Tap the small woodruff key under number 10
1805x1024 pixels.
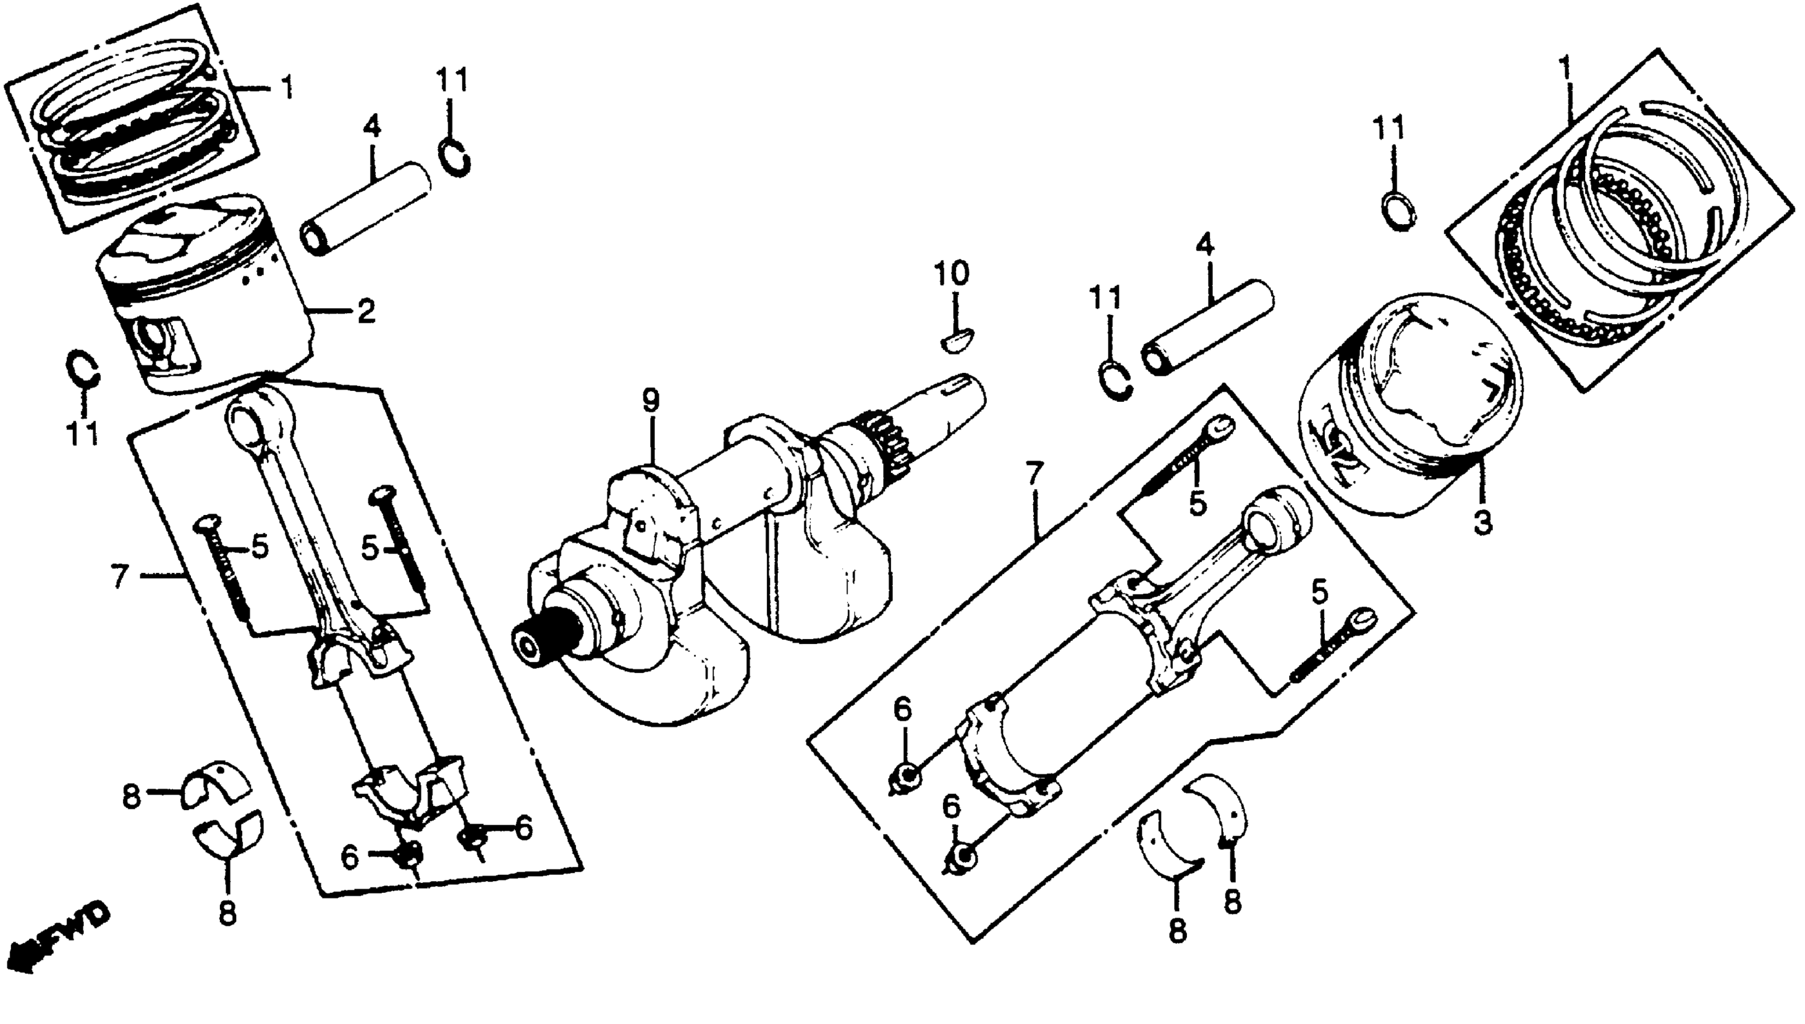957,341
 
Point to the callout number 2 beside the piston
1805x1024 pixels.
366,311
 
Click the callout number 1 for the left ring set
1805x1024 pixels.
286,89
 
